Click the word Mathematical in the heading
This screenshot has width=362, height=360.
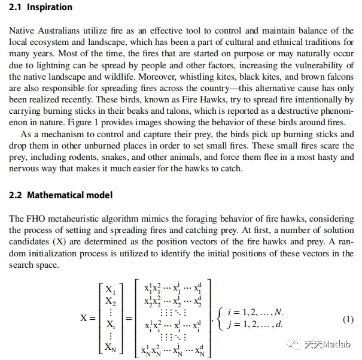tap(57, 195)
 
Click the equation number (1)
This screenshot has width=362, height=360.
tap(348, 319)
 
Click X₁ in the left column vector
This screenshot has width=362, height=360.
tap(110, 289)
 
